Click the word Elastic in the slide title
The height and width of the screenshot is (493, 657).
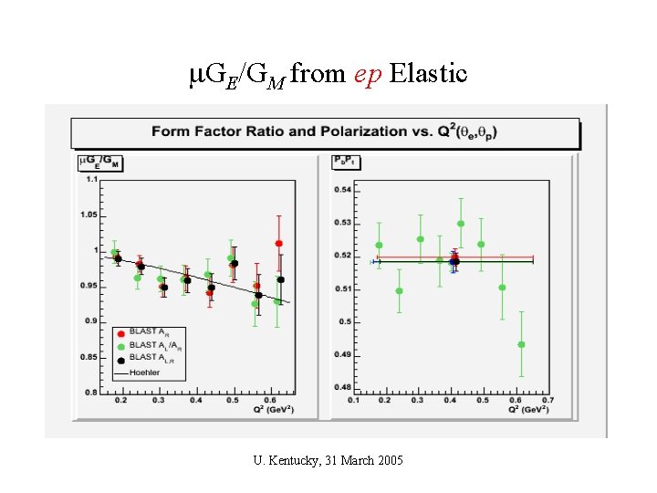tap(428, 73)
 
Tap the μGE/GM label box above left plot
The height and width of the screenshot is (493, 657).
tap(101, 163)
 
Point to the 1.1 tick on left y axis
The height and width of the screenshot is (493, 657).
tap(90, 179)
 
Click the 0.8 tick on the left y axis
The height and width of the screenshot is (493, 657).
tap(90, 393)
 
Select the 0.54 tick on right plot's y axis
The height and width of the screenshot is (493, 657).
tap(342, 190)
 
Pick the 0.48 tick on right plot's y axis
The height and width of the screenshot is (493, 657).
tap(342, 387)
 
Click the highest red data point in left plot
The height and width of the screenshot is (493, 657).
tap(278, 244)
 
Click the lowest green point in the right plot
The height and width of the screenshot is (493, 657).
tap(521, 344)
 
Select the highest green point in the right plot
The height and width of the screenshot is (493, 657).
tap(461, 223)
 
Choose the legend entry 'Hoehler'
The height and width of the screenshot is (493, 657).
tap(144, 372)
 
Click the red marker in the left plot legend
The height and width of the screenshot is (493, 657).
tap(120, 331)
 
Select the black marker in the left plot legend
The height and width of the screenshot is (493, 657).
tap(120, 359)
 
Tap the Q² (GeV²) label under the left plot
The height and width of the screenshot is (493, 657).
tap(274, 409)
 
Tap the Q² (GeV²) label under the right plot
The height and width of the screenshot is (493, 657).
tap(529, 409)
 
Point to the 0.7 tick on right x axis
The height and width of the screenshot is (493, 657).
tap(547, 400)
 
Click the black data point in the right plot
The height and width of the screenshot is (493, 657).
tap(454, 261)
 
